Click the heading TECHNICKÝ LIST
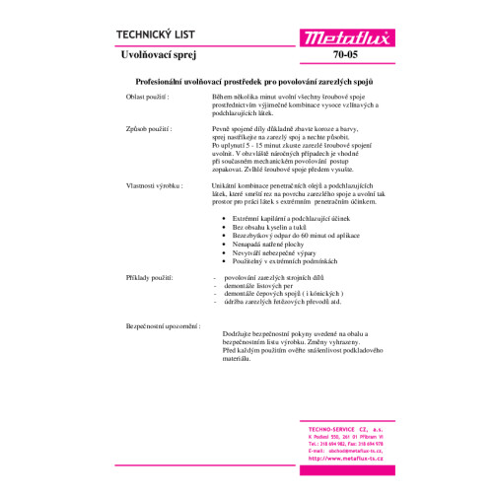pyautogui.click(x=156, y=32)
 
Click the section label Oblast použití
pyautogui.click(x=146, y=99)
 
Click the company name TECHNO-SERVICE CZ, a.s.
pyautogui.click(x=340, y=430)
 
